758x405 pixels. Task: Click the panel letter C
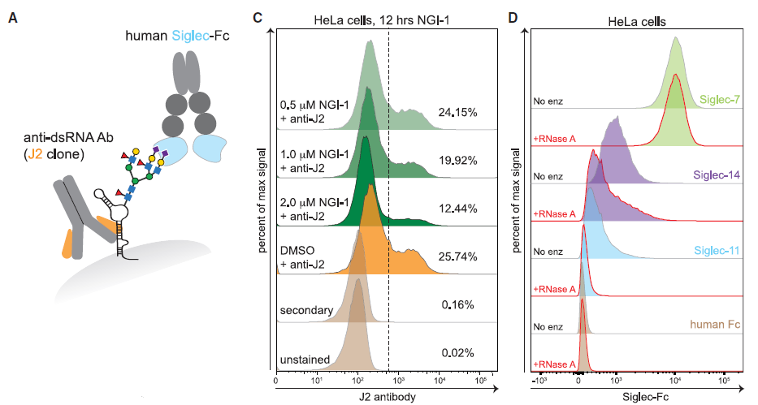point(258,16)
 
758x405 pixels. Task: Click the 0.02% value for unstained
point(457,353)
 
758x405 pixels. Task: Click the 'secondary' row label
point(305,309)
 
